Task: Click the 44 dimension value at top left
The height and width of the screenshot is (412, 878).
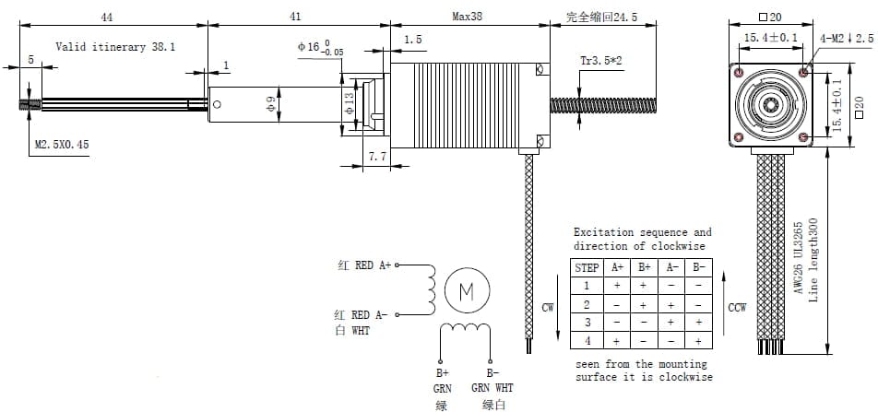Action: [x=107, y=17]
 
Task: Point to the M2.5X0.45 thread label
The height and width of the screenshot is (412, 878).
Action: [x=62, y=145]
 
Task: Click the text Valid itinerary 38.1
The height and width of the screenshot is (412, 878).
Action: [x=115, y=46]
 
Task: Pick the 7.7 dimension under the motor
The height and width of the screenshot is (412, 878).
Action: [x=377, y=158]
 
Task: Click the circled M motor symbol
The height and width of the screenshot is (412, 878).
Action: [x=466, y=292]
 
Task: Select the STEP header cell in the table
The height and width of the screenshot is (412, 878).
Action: [x=587, y=267]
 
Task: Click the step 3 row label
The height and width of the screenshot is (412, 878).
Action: [x=587, y=323]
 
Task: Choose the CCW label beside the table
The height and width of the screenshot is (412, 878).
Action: [x=737, y=307]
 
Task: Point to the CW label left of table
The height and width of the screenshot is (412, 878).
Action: [x=548, y=308]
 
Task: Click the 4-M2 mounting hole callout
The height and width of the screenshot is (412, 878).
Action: [x=847, y=38]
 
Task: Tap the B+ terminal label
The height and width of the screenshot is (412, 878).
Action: [x=442, y=374]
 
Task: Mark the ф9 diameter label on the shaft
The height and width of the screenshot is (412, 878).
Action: [x=271, y=106]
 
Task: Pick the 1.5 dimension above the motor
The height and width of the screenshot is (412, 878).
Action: [x=413, y=40]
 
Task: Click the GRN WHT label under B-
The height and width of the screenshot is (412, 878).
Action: [x=492, y=389]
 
